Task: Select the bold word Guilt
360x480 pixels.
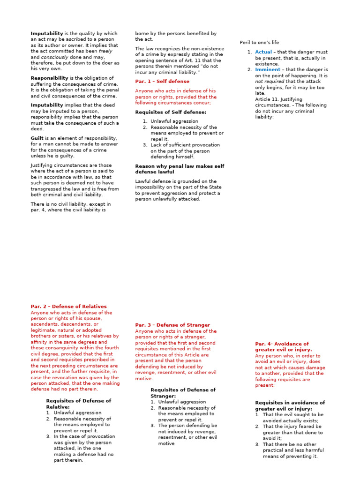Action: (38, 138)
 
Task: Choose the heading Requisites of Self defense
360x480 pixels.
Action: (171, 112)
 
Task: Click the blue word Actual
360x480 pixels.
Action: (263, 52)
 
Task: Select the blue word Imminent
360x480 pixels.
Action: (267, 69)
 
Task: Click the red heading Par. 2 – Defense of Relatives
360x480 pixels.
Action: (68, 307)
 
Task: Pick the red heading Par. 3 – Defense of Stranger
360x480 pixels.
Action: (172, 325)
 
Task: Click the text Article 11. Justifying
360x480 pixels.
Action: (278, 99)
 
